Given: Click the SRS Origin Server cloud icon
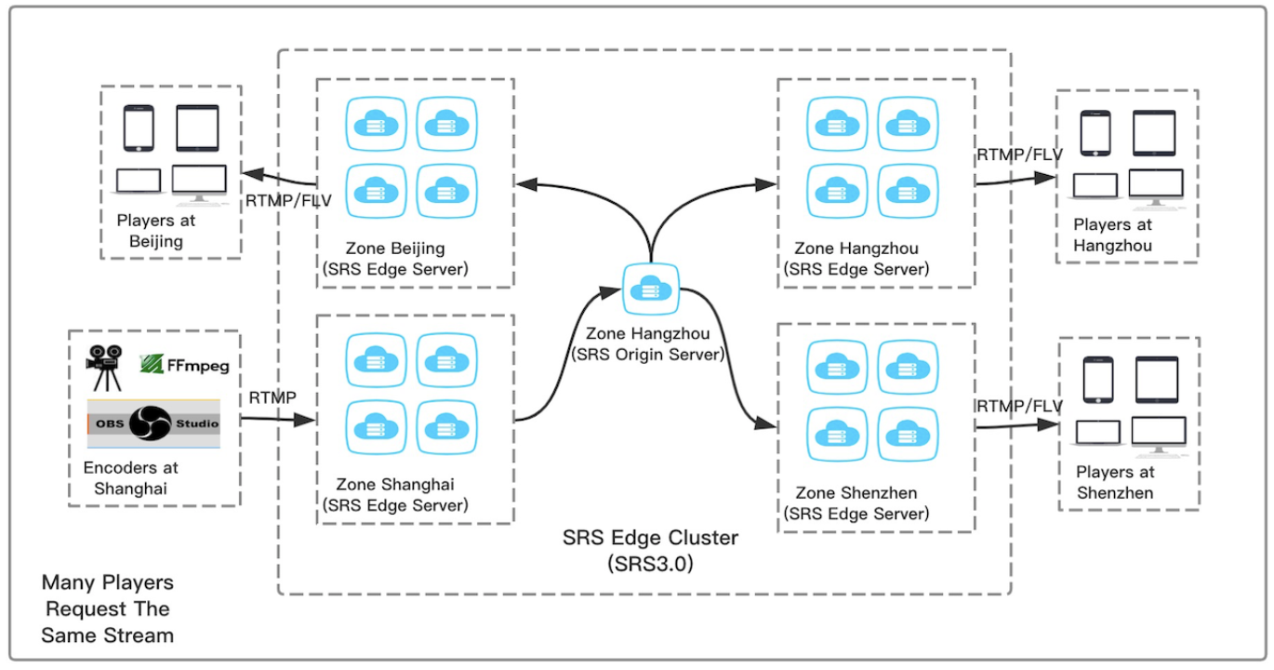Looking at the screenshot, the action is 650,289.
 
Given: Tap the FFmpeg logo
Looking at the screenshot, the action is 184,365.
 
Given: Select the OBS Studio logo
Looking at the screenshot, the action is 153,423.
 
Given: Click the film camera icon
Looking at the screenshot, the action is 104,368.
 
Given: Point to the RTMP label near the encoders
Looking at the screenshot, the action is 272,397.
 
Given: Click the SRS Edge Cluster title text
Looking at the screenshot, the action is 650,551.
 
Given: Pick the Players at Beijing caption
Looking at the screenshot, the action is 156,231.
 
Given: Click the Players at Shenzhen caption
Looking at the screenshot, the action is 1115,482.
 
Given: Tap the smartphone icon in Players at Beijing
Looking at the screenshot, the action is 139,128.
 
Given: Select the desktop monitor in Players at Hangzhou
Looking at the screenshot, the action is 1156,188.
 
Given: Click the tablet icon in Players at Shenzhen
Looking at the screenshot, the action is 1157,380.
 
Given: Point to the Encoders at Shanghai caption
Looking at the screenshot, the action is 131,478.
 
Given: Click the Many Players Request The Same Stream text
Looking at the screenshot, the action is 108,609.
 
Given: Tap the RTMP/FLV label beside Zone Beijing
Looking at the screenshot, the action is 288,200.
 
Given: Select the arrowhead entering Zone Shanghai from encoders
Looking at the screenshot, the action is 305,421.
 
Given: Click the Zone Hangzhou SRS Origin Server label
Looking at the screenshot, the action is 648,343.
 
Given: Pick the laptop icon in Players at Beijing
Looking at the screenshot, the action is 139,181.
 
